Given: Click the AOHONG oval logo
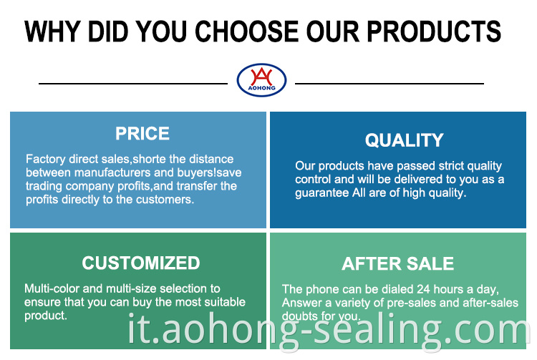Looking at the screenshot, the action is [x=261, y=79].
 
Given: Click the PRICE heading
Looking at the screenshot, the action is [x=142, y=133].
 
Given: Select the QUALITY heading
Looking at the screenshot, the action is [x=404, y=140].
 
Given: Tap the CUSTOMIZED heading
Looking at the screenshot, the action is [x=141, y=263].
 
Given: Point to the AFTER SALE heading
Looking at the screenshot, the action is [x=397, y=264].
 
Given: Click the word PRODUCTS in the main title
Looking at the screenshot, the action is [x=434, y=31].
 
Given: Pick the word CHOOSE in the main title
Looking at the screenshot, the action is [x=246, y=31].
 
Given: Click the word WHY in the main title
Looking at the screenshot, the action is [x=52, y=31].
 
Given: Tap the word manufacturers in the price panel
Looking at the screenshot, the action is [x=112, y=172].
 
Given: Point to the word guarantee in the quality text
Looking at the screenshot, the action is [x=322, y=193].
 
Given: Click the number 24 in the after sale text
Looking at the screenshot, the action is [x=423, y=290].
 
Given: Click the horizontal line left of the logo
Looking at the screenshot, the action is [x=133, y=83].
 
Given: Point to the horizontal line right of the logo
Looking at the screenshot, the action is [x=390, y=83].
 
